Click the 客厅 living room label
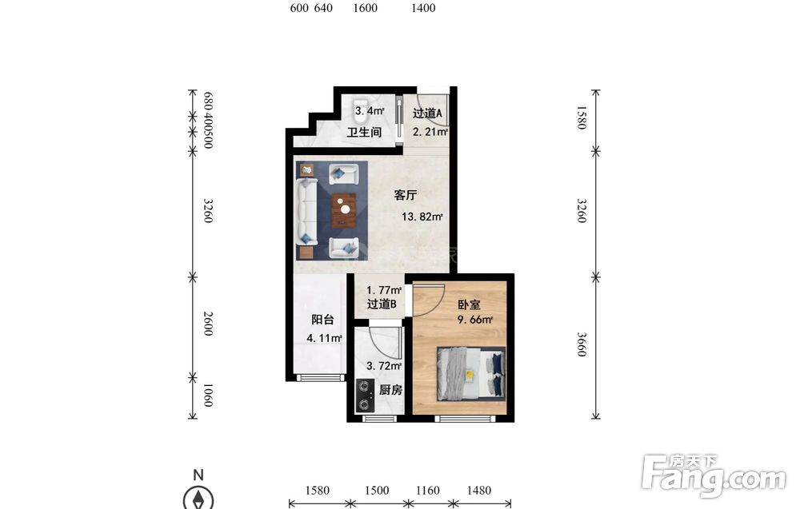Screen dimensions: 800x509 [406, 195]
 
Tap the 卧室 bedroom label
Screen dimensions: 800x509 [468, 304]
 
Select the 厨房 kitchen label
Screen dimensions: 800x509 [390, 390]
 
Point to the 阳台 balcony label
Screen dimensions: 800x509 [322, 320]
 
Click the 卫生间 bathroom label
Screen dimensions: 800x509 [364, 133]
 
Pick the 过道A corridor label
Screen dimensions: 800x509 [427, 113]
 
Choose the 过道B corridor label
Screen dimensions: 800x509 [382, 304]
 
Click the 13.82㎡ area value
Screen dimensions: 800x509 [422, 217]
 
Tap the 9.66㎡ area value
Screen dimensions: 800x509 [475, 320]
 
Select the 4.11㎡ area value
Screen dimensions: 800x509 [324, 338]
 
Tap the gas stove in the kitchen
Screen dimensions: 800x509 [364, 396]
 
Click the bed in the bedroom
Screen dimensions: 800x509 [471, 374]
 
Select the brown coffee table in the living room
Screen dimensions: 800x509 [344, 210]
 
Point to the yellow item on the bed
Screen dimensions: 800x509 [470, 375]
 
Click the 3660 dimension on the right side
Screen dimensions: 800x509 [582, 344]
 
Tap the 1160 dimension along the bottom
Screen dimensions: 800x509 [427, 490]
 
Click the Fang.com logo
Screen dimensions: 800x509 [714, 475]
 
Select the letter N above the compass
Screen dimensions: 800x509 [198, 475]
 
